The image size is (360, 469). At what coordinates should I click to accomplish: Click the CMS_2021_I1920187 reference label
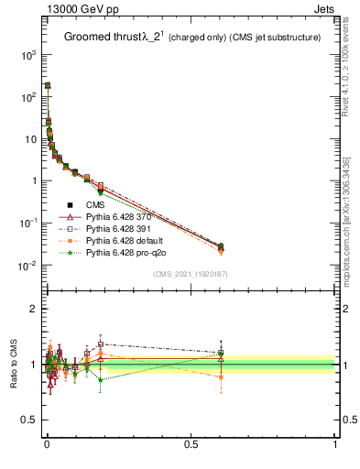point(191,274)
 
